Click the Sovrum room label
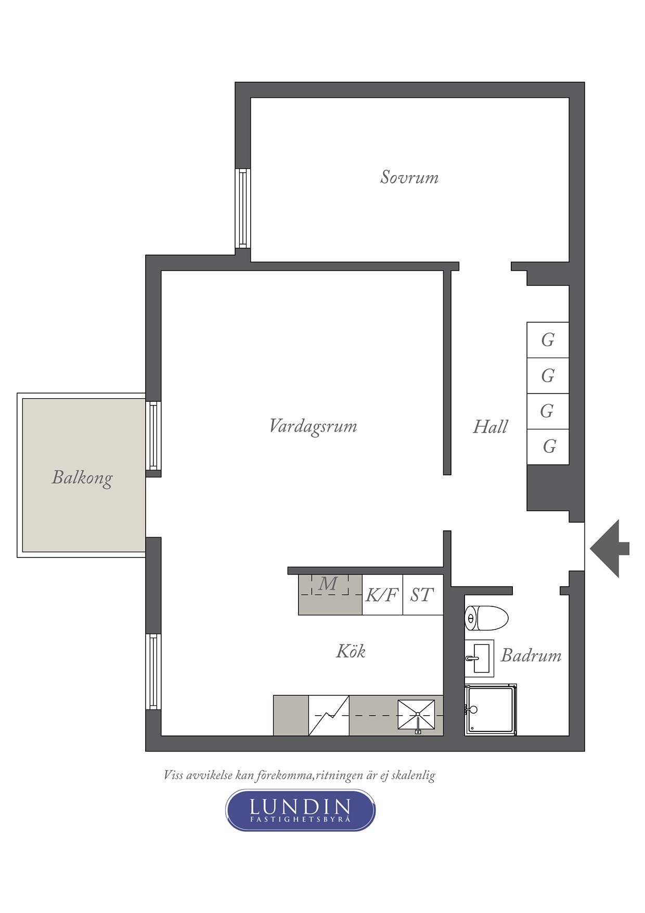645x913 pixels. tap(409, 177)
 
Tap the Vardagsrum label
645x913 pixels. tap(313, 426)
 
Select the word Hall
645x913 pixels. tap(490, 427)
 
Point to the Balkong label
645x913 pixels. tap(82, 478)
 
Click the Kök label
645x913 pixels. tap(351, 651)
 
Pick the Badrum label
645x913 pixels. tap(531, 655)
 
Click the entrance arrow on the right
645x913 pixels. tap(610, 549)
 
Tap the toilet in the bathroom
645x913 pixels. tap(486, 618)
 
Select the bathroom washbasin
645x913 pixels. tap(479, 658)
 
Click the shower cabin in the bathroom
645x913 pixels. tap(491, 709)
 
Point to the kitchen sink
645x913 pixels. tap(416, 715)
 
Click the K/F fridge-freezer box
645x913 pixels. tap(382, 594)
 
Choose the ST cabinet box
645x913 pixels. tap(423, 594)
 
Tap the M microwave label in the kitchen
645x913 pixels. tap(328, 584)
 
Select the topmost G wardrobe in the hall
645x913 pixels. tap(548, 340)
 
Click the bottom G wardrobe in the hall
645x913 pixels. tap(548, 447)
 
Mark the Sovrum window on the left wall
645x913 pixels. tap(242, 208)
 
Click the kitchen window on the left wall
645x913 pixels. tap(153, 671)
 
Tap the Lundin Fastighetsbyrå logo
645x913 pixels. tap(300, 810)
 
